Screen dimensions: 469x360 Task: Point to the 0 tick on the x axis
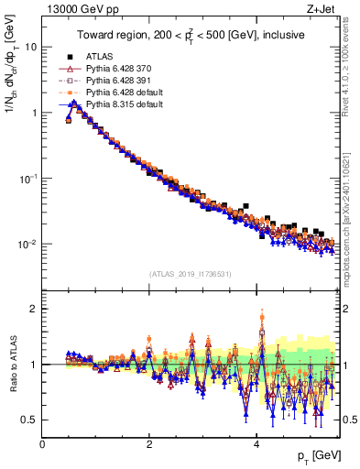tap(43, 444)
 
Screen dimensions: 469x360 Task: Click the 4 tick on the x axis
tap(256, 444)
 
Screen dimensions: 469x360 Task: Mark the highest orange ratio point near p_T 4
tap(262, 318)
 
